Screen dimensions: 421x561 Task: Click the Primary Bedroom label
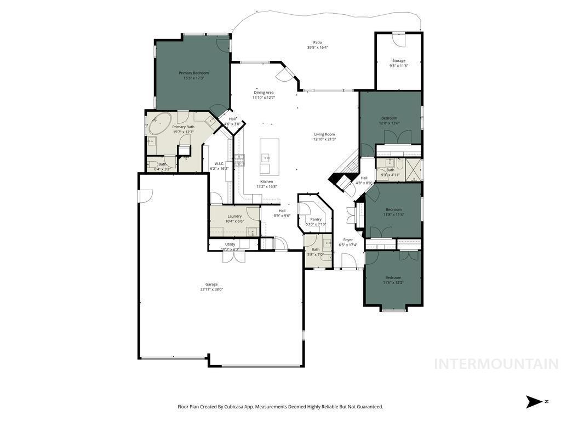point(193,73)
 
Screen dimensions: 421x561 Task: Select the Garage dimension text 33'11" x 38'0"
point(211,289)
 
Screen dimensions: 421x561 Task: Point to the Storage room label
point(399,61)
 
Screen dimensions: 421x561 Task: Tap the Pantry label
point(316,219)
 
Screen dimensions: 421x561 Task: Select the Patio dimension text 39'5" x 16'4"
point(317,48)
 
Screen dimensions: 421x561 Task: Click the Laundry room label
point(234,216)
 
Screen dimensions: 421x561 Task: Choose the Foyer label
point(348,240)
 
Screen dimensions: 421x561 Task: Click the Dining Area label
point(264,93)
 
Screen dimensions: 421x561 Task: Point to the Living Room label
point(324,134)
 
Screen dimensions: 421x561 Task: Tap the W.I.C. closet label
point(219,163)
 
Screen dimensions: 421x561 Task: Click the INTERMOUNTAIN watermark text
point(496,364)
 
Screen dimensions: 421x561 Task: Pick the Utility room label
point(230,244)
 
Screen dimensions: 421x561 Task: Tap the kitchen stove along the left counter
point(240,160)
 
